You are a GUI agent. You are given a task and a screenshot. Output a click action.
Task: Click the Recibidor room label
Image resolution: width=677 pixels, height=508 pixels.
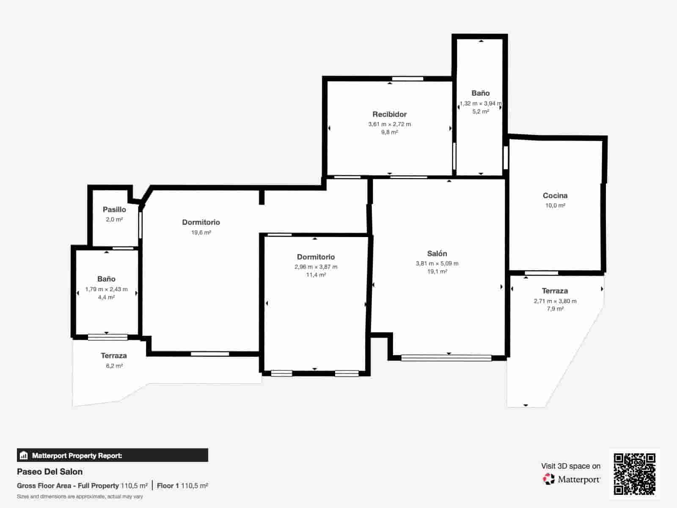tap(389, 114)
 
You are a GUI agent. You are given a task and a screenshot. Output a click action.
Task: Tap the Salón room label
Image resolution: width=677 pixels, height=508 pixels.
tap(437, 254)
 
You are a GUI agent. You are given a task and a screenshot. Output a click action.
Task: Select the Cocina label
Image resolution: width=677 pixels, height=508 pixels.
tap(555, 196)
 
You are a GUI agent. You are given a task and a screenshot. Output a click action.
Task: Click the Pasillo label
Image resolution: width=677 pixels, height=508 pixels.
tap(114, 210)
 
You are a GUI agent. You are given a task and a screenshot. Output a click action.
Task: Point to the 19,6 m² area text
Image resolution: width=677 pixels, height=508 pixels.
tap(201, 232)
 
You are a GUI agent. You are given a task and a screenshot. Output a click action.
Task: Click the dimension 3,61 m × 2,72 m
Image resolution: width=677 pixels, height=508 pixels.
tap(389, 124)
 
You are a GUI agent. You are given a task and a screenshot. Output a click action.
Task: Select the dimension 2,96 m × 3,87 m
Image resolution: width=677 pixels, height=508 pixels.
tap(316, 267)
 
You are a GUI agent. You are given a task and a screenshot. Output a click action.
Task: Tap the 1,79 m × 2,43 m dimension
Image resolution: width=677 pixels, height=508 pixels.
tap(106, 289)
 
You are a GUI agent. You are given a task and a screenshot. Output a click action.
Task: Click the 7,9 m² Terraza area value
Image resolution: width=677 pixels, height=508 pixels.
tap(555, 309)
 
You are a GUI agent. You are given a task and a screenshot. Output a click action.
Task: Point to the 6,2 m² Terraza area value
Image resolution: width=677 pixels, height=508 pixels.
tap(114, 366)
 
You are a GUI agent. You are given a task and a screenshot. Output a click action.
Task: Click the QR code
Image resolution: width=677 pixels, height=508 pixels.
tap(634, 474)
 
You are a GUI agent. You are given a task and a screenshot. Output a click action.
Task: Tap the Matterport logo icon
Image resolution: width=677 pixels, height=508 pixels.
tap(549, 479)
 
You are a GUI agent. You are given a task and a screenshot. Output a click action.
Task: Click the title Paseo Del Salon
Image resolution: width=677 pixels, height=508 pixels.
tap(50, 472)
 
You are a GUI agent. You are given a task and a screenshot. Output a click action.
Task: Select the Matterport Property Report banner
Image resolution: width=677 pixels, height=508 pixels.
tap(112, 456)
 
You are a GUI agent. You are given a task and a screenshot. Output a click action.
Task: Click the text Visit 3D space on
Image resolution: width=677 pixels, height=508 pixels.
tap(570, 466)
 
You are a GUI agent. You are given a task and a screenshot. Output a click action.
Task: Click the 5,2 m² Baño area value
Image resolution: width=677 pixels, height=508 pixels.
tap(481, 112)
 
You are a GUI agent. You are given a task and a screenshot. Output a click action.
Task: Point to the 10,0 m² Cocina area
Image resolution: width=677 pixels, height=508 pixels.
tap(555, 205)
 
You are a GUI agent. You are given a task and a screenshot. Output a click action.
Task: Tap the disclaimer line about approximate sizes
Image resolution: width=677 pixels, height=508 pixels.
tap(80, 496)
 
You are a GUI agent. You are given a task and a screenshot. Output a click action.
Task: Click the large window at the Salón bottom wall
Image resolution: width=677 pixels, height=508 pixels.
tap(446, 358)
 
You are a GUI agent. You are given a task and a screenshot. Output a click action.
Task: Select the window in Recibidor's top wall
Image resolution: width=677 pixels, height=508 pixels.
tap(407, 79)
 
